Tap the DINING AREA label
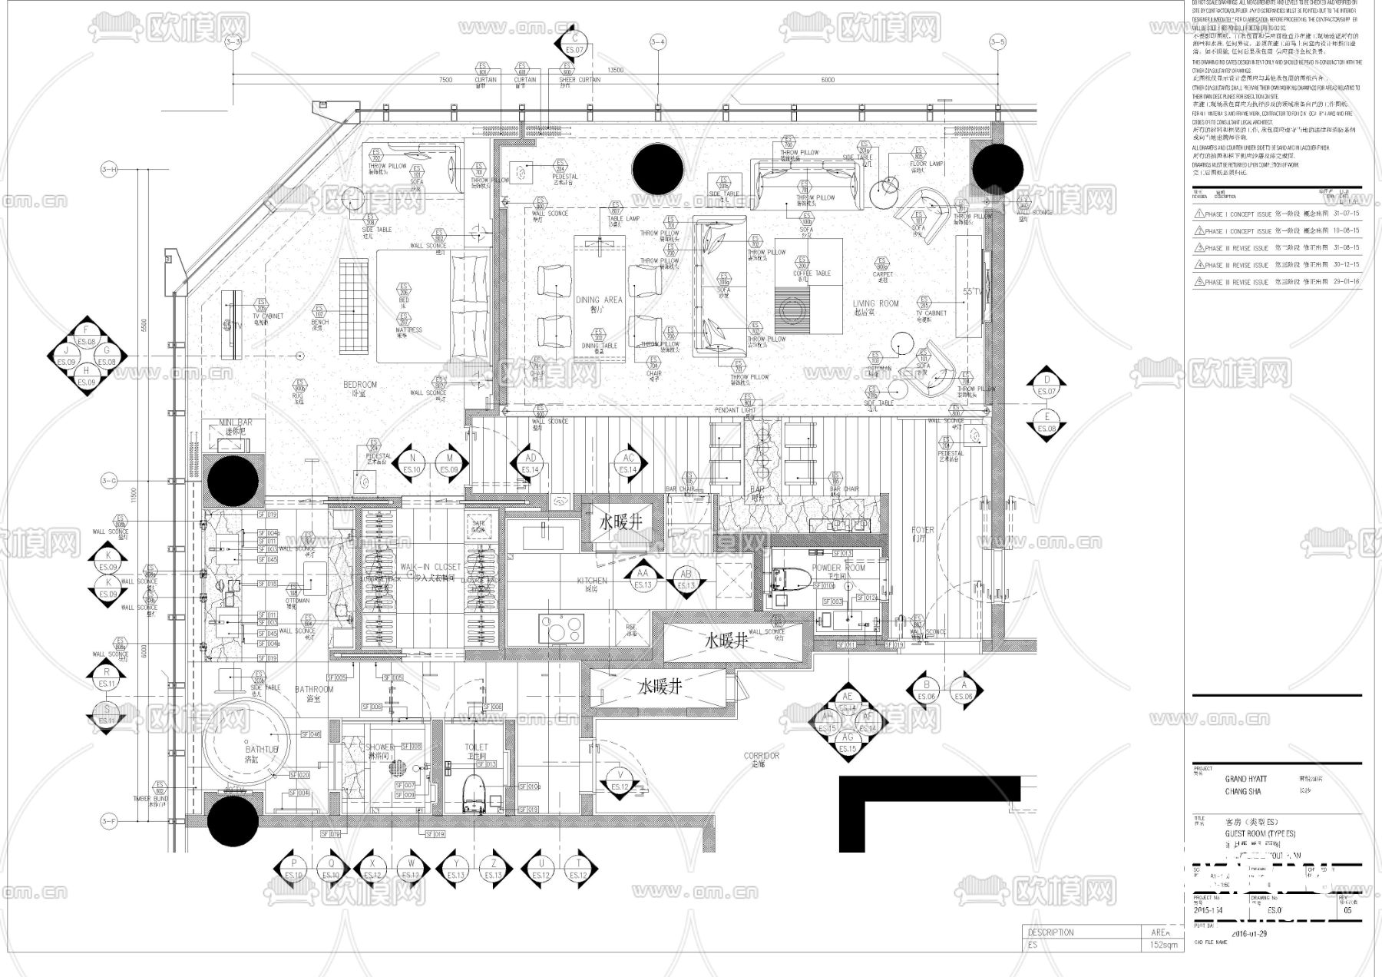[x=599, y=300]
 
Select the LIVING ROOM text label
[x=875, y=303]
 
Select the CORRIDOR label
[x=761, y=756]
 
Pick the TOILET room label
[x=476, y=747]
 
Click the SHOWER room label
[x=379, y=747]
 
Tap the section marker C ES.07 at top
[x=574, y=43]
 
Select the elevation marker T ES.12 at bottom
[x=577, y=869]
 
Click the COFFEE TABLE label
[x=812, y=273]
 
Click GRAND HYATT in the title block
[x=1245, y=779]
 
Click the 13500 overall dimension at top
[x=615, y=70]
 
